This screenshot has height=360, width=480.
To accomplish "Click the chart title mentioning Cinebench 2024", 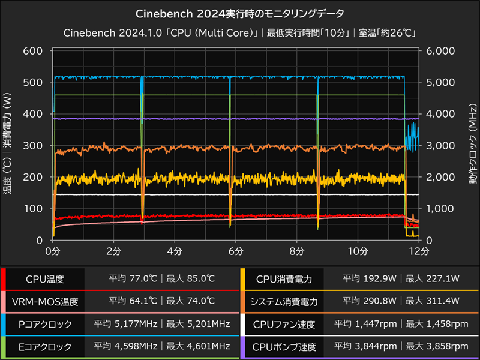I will [240, 13].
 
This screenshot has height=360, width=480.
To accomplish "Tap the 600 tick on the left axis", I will [34, 51].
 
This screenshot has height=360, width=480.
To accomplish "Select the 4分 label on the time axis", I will [175, 250].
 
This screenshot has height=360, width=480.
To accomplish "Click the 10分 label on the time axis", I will [357, 250].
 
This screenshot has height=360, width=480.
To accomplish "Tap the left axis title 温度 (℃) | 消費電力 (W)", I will [8, 145].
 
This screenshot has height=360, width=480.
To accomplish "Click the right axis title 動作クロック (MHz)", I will [473, 145].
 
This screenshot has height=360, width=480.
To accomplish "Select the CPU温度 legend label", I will [45, 279].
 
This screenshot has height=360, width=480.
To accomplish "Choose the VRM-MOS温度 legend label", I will [45, 302].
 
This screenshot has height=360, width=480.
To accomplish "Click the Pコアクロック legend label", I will [45, 325].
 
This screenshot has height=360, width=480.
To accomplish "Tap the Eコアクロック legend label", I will [45, 347].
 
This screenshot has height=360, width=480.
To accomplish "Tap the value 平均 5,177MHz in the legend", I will [125, 325].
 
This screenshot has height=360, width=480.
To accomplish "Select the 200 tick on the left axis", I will [34, 177].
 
